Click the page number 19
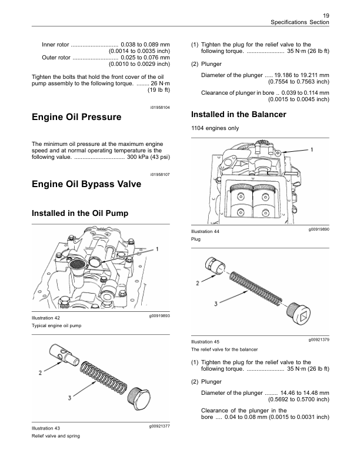point(326,16)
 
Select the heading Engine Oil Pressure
point(76,117)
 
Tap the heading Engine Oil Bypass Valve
point(86,184)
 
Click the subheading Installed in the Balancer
point(238,114)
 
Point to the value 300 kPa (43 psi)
point(148,157)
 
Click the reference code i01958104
point(160,107)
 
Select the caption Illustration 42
point(46,318)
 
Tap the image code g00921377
point(159,426)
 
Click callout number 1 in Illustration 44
point(312,150)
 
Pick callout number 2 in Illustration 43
point(40,372)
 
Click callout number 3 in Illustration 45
point(216,304)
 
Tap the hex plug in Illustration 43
point(139,398)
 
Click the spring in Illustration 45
point(255,288)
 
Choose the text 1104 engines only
point(215,128)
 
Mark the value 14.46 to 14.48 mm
point(305,393)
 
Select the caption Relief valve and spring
point(56,436)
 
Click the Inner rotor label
point(55,45)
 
